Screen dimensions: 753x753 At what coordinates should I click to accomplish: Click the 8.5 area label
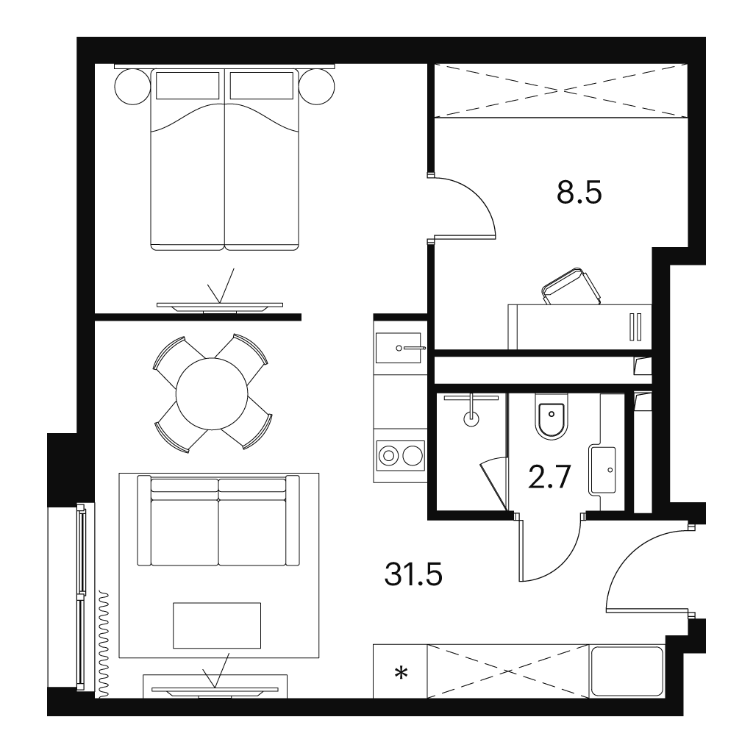579,193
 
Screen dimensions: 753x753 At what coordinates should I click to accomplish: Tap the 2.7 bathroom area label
549,477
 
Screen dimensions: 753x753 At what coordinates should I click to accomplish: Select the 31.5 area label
413,574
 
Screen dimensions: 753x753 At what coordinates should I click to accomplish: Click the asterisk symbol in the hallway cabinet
401,674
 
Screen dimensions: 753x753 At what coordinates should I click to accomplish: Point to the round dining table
212,394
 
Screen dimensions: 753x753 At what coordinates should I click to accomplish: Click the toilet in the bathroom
552,417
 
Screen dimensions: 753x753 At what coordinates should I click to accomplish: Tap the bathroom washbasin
603,470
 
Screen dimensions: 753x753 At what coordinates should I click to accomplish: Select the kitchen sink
398,348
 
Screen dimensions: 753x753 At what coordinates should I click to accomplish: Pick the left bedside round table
132,87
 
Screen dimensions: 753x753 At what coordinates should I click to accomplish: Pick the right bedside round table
316,87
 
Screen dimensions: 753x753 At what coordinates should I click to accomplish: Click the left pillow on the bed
188,85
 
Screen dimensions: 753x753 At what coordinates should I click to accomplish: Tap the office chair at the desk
571,287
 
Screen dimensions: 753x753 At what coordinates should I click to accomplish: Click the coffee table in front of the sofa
217,625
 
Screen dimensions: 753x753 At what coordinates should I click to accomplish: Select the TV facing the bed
220,307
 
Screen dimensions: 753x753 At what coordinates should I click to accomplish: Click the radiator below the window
104,644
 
